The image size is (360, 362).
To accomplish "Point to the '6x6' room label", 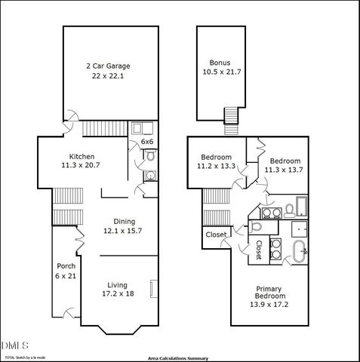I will click(147, 142).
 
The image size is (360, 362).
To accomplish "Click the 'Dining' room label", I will click(125, 220).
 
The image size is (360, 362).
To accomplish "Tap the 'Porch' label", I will click(65, 266).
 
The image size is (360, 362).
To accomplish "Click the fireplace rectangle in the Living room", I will click(155, 290).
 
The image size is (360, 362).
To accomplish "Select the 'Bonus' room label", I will click(220, 62).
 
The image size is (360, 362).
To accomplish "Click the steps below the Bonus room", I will click(231, 115).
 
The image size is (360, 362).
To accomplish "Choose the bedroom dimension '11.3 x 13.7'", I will click(285, 170).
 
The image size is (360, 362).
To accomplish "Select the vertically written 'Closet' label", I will click(258, 250).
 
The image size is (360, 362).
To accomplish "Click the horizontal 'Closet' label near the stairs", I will click(216, 235).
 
